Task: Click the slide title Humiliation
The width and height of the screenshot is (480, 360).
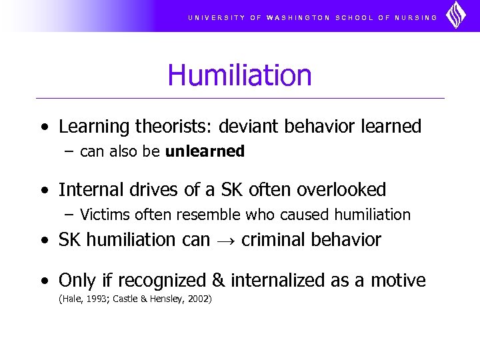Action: pos(239,75)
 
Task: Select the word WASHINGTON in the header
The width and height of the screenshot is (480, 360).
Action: pos(298,18)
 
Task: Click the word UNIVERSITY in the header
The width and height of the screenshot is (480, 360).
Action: pos(216,18)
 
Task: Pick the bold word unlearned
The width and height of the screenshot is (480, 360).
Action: pos(205,151)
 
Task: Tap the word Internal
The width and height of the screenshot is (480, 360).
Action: pos(86,190)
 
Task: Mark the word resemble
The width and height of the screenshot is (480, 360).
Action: pos(214,215)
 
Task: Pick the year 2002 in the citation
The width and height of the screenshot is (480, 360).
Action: pos(199,299)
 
